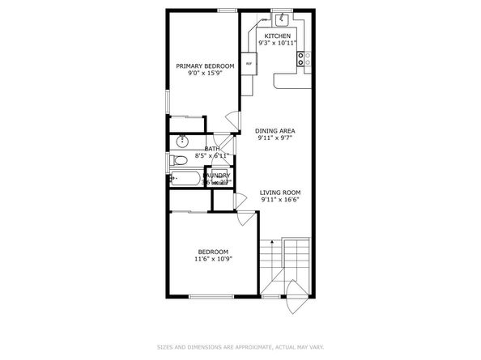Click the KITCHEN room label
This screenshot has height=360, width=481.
(277, 36)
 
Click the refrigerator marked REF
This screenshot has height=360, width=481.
(249, 63)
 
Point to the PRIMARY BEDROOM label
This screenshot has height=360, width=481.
(206, 66)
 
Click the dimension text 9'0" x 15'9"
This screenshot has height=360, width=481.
(206, 73)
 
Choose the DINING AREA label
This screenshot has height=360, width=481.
(275, 131)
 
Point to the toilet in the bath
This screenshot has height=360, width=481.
(178, 162)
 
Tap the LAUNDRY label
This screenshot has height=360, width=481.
(216, 175)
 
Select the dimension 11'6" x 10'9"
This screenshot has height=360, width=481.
(213, 259)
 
